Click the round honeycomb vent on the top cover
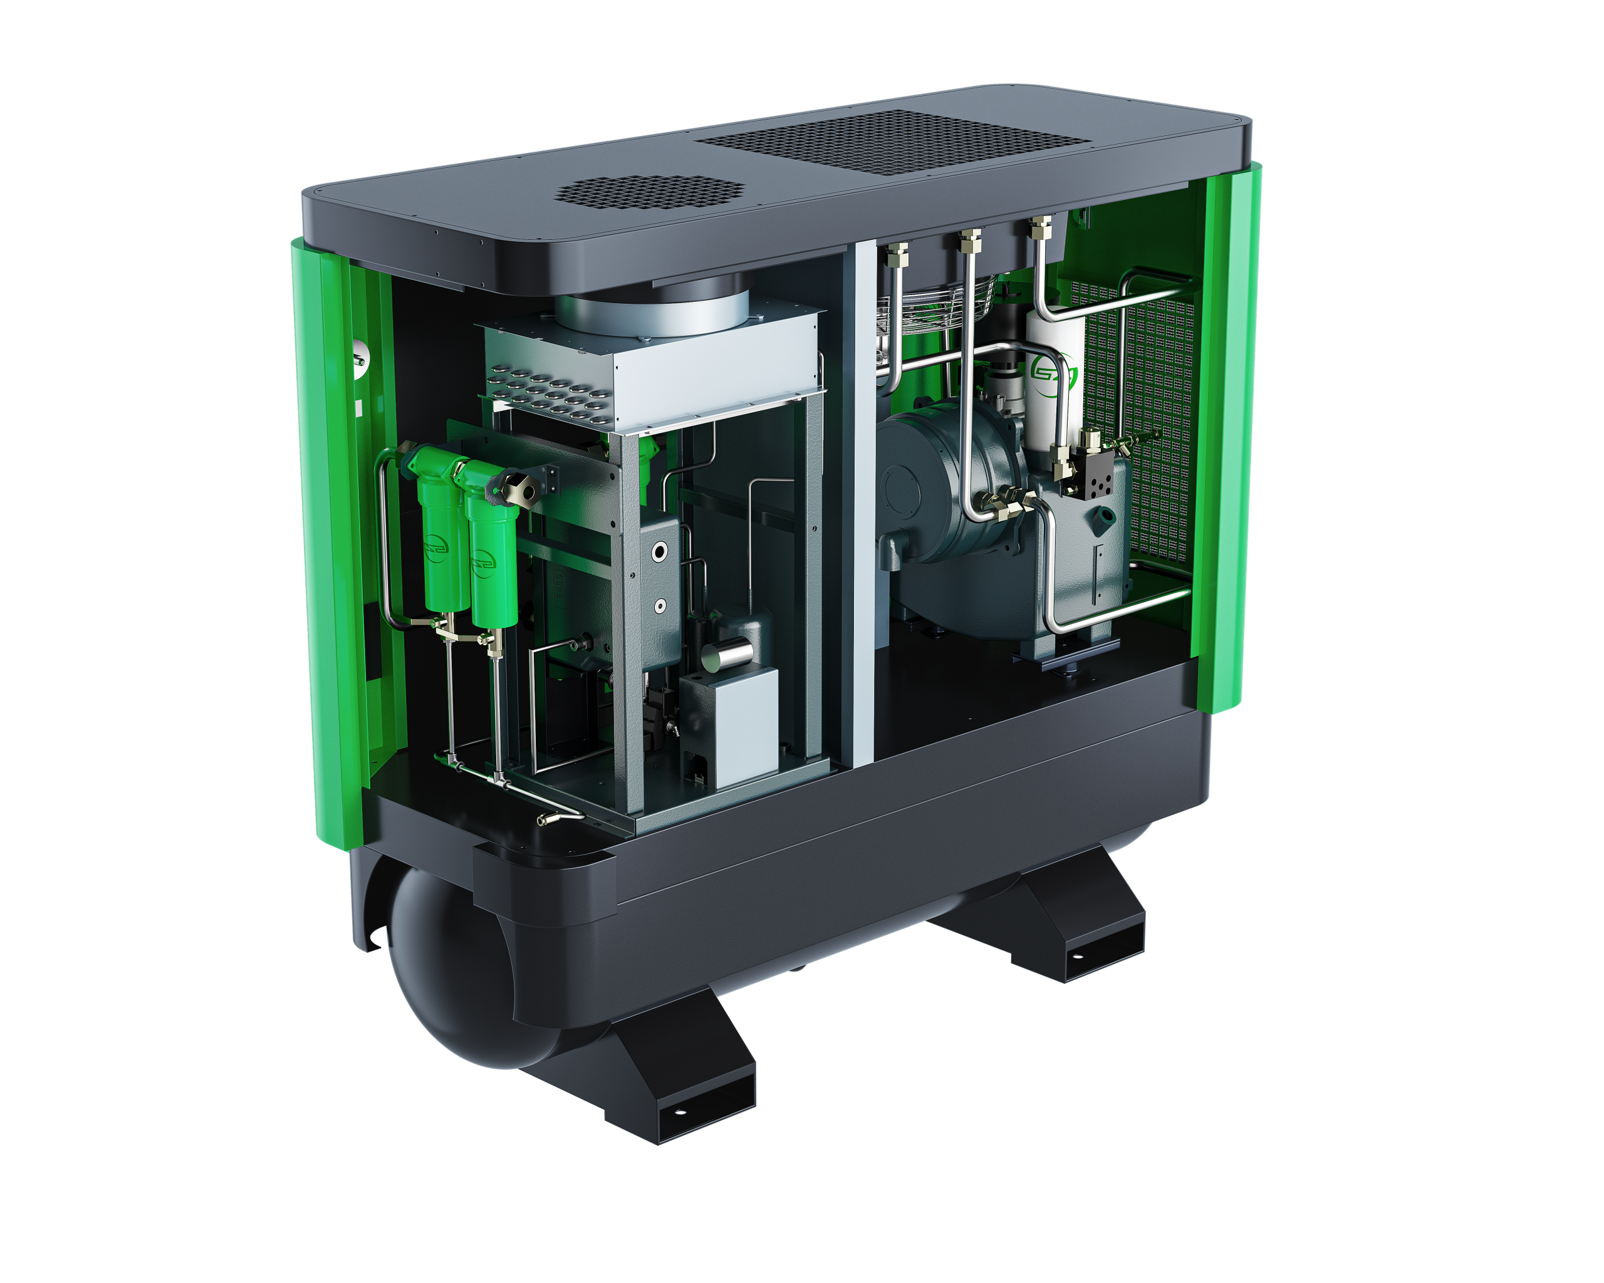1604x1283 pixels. click(648, 191)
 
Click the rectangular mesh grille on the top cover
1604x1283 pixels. click(893, 142)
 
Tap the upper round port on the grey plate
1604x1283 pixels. click(659, 551)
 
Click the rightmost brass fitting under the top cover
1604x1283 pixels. click(1040, 227)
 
